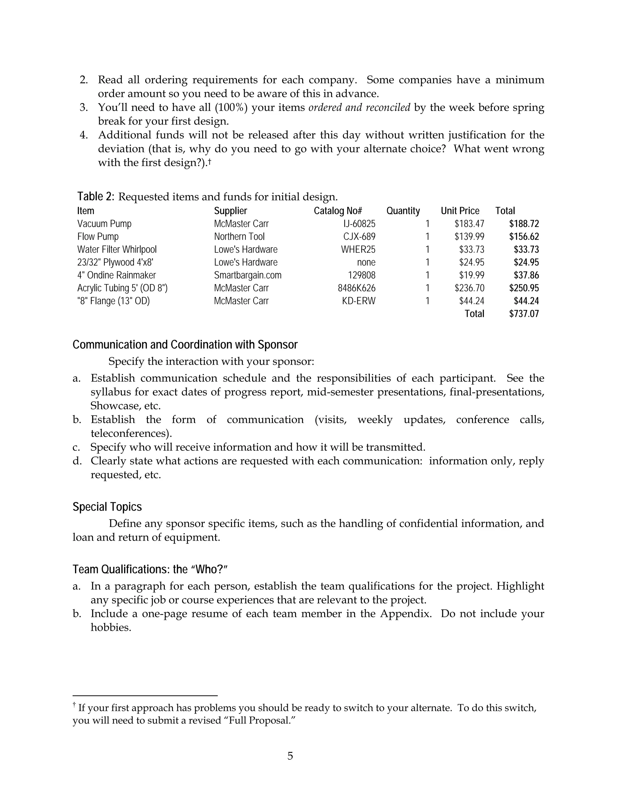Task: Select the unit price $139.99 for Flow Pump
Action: pyautogui.click(x=469, y=236)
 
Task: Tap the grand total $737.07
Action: pyautogui.click(x=524, y=314)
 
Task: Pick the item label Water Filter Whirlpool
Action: pyautogui.click(x=117, y=250)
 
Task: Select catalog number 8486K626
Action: pyautogui.click(x=356, y=288)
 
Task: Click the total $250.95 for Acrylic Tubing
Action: pyautogui.click(x=524, y=288)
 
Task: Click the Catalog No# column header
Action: pyautogui.click(x=338, y=211)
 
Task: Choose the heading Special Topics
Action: pyautogui.click(x=107, y=507)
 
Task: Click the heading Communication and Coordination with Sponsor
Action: pyautogui.click(x=185, y=345)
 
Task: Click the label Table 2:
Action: pyautogui.click(x=96, y=197)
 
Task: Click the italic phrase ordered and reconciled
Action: pyautogui.click(x=359, y=108)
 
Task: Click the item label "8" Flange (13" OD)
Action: pyautogui.click(x=113, y=301)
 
